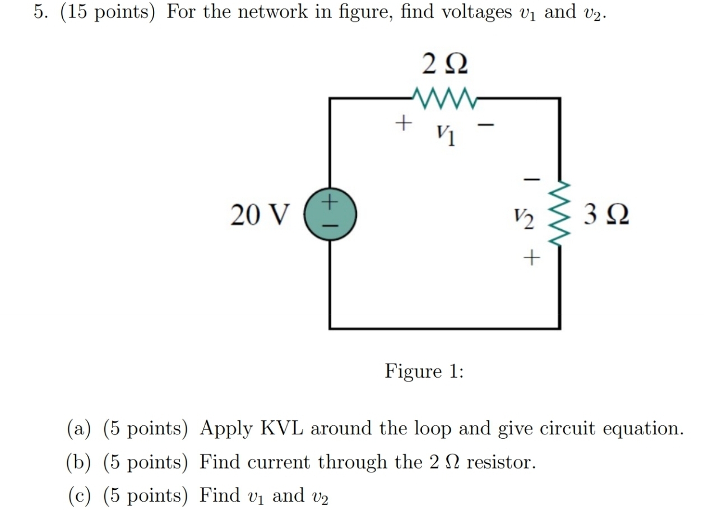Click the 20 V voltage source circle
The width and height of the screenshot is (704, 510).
[x=329, y=215]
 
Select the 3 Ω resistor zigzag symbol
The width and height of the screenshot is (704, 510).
[x=558, y=215]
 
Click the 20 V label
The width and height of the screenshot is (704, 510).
[x=260, y=215]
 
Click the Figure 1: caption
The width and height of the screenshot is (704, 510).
[x=424, y=371]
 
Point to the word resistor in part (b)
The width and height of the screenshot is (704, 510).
[x=501, y=463]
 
